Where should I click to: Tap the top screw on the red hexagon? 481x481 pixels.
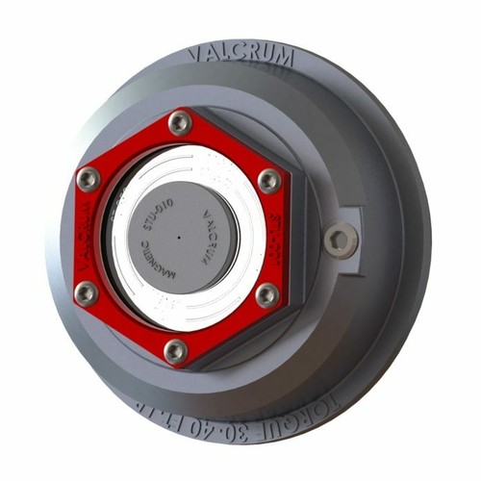[x=180, y=122]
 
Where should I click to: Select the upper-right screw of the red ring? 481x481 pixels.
[x=270, y=180]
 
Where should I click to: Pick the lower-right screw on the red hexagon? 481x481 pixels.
[x=266, y=294]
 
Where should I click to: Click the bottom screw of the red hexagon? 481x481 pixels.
[x=176, y=351]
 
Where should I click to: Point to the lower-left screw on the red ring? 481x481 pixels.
[x=87, y=292]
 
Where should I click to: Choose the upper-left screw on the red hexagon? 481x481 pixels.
[x=89, y=178]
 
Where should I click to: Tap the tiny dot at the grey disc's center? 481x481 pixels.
[x=180, y=237]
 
